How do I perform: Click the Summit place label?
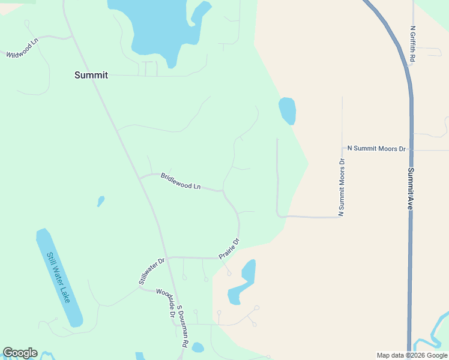click(91, 75)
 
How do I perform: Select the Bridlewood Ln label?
click(180, 181)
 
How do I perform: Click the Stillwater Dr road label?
click(151, 271)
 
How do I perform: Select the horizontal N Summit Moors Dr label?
click(376, 148)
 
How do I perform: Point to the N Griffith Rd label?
click(413, 44)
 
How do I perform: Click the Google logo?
click(20, 353)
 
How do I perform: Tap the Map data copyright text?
click(412, 355)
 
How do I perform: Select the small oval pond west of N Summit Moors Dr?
click(287, 110)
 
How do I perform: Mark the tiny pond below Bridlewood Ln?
click(101, 201)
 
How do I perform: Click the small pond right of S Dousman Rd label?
click(197, 347)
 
